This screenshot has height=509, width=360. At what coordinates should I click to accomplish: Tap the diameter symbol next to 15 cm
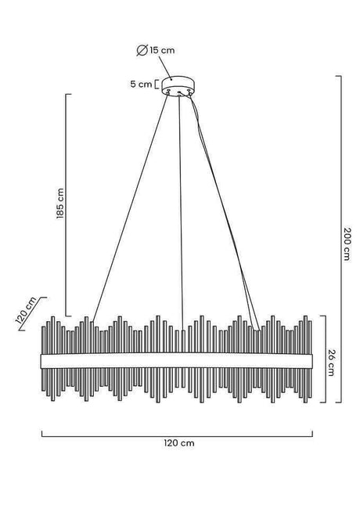[142, 50]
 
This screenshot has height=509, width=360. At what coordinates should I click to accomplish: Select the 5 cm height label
[141, 84]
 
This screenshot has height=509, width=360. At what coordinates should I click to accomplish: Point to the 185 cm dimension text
[60, 204]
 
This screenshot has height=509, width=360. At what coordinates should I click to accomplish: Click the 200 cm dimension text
[347, 244]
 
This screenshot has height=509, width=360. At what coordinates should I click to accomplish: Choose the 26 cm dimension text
[331, 363]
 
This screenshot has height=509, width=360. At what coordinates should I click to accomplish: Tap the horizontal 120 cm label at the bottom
[179, 443]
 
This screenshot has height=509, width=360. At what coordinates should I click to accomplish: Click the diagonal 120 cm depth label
[27, 310]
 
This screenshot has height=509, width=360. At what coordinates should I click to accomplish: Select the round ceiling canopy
[178, 85]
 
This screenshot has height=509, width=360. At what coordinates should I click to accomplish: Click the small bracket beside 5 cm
[157, 84]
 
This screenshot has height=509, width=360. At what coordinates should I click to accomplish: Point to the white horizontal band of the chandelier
[177, 361]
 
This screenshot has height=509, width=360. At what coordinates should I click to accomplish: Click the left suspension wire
[131, 208]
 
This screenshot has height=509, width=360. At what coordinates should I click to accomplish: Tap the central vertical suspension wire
[181, 213]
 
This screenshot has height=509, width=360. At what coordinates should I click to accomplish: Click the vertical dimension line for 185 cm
[67, 205]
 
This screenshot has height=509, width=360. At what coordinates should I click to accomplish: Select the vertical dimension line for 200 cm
[340, 240]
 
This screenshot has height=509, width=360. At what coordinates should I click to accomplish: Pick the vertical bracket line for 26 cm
[325, 359]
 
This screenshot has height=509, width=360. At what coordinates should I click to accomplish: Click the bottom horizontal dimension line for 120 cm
[177, 437]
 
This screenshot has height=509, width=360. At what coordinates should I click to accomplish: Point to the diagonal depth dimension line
[33, 313]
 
